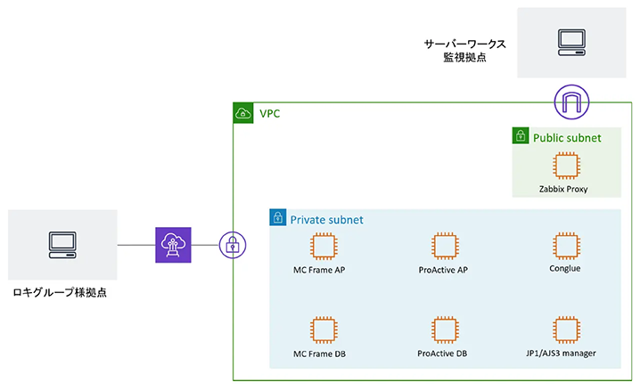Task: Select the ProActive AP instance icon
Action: coord(443,245)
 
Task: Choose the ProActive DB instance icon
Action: coord(443,329)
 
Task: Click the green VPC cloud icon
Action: coord(242,113)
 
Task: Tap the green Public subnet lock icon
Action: coord(521,136)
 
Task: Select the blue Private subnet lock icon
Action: coord(278,218)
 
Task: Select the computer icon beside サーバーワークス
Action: coord(570,40)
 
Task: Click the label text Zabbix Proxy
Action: coord(563,189)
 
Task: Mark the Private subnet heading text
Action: coord(326,219)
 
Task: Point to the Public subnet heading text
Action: coord(567,138)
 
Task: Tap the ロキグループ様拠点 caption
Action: coord(62,291)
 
